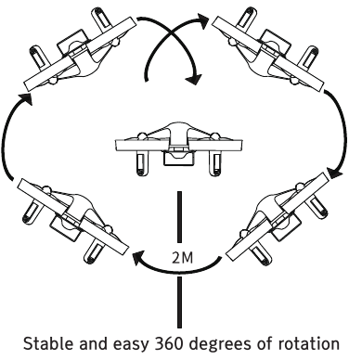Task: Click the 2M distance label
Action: pos(182,258)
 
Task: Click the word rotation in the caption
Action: pos(308,343)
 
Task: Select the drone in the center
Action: pos(178,149)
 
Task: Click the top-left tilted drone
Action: pos(80,49)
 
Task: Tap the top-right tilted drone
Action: pos(268,49)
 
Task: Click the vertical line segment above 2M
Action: pos(179,216)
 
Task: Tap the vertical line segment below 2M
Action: pos(179,302)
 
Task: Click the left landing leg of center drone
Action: pos(141,164)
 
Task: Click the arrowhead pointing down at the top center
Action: pos(194,79)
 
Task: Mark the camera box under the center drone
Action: pos(178,159)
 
